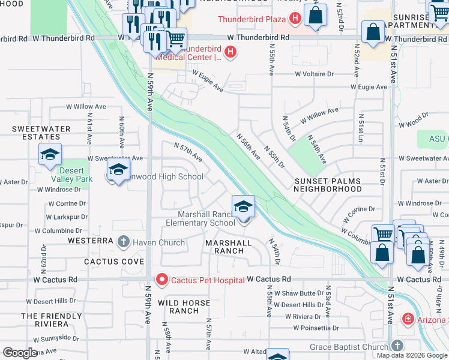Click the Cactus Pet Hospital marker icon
coord(161,280)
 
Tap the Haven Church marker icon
coord(124,242)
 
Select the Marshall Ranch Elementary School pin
coord(244,208)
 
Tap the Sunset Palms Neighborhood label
coord(327,185)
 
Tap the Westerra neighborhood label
coord(91,241)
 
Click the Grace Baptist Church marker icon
coord(396,346)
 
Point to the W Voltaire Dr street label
coord(313,74)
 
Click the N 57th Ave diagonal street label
coord(188,152)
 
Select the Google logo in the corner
coord(20,353)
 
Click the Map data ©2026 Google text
coord(412,355)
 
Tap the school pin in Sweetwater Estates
coord(50,155)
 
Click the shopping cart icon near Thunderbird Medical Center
coord(175,40)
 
